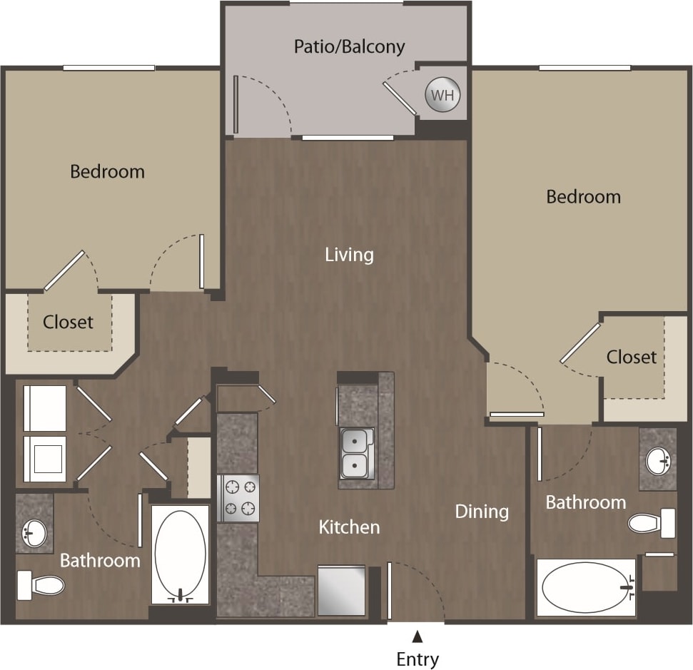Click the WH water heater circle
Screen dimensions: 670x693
click(442, 96)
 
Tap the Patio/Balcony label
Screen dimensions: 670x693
click(350, 47)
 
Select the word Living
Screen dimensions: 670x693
click(349, 255)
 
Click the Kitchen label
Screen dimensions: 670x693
click(349, 527)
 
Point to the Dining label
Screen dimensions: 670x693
click(482, 511)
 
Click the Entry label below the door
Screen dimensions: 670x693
click(418, 658)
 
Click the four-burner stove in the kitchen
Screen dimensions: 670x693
click(238, 498)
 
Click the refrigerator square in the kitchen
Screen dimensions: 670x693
click(341, 590)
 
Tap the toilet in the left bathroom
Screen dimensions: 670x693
click(41, 585)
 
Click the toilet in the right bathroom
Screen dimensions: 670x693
click(651, 524)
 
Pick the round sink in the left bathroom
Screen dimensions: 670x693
click(34, 529)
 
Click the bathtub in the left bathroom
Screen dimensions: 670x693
click(180, 554)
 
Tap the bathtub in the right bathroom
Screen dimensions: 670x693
click(586, 587)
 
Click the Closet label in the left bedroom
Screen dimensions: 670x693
click(68, 322)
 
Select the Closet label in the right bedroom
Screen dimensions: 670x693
click(632, 356)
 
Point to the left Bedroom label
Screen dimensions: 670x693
click(108, 171)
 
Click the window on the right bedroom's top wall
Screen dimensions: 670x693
click(585, 68)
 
